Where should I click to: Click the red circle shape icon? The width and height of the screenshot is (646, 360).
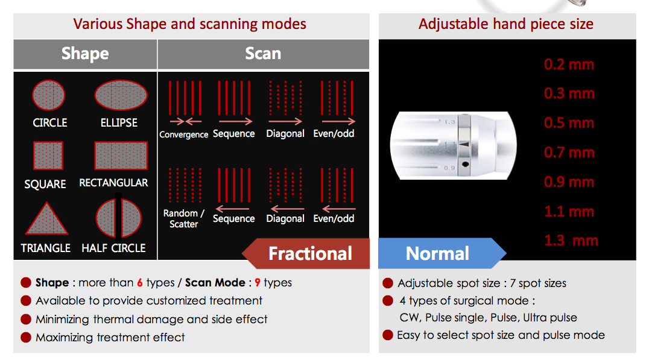pos(49,95)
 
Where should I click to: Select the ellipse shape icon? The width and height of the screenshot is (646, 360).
pos(121,95)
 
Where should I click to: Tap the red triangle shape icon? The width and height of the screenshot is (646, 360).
pos(46,218)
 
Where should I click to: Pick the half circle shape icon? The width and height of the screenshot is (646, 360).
pos(119,218)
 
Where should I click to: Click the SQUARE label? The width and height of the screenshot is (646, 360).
pos(45,184)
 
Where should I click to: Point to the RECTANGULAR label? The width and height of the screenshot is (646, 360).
pos(114,183)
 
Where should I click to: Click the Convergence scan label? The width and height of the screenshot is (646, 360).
pos(184,134)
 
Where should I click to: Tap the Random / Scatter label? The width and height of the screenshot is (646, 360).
pos(184,219)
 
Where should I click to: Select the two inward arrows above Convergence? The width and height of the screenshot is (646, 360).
pos(186,122)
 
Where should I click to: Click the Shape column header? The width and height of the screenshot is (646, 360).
pos(85,54)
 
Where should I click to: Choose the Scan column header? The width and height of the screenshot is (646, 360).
pos(263,54)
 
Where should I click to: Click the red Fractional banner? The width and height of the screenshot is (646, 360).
pos(306,253)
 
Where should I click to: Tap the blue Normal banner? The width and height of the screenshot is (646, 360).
pos(442,253)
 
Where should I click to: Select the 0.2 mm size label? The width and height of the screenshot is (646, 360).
pos(569,65)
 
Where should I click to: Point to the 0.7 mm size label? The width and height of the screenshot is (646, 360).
pos(569,153)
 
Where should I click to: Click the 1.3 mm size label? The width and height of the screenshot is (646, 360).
pos(571,240)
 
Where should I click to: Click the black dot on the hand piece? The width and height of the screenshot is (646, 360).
pos(466,164)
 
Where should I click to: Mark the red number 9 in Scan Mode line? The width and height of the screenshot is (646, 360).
pos(258,283)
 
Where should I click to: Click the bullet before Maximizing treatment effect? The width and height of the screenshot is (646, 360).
pos(26,337)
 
